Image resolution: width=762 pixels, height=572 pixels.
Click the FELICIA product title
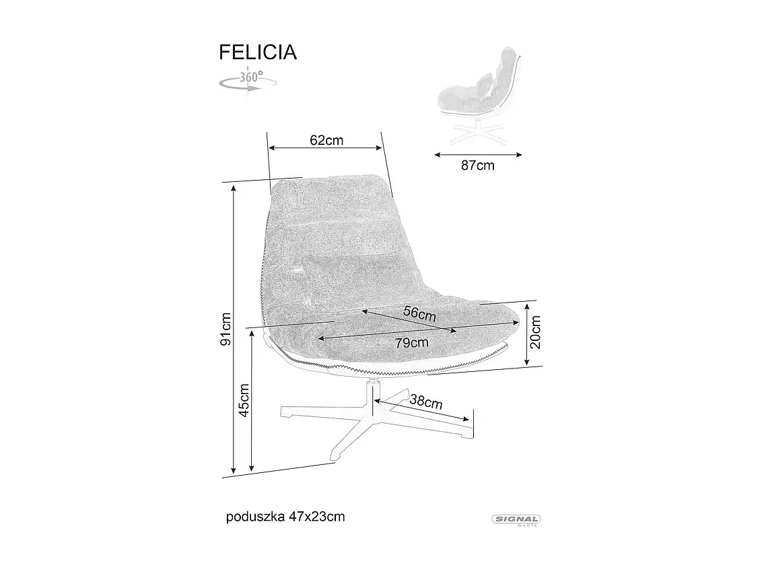(x=258, y=52)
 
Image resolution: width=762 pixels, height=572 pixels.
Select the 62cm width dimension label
(x=326, y=140)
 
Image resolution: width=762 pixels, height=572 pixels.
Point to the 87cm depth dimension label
(x=477, y=166)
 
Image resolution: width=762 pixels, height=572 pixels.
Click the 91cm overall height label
(x=226, y=329)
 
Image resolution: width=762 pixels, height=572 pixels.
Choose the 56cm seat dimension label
(x=419, y=313)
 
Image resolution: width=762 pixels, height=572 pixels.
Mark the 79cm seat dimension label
(x=412, y=342)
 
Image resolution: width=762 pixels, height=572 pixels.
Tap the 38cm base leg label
(x=426, y=402)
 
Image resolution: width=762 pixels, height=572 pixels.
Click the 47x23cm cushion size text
(x=317, y=517)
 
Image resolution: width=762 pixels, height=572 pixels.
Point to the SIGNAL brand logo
(x=517, y=519)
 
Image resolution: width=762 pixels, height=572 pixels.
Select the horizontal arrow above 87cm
(x=478, y=154)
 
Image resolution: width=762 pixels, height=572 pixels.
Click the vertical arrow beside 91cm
(x=234, y=330)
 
